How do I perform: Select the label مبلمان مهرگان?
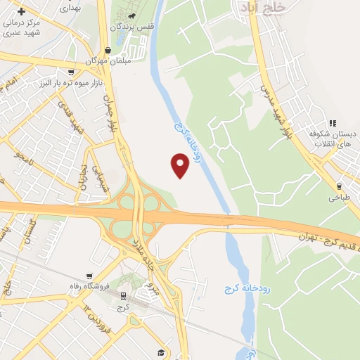105,61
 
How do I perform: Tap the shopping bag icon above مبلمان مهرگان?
108,50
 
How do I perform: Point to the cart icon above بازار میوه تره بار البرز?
71,72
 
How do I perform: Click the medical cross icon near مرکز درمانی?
22,12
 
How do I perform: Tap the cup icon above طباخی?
340,186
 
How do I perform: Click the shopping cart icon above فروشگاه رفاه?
89,276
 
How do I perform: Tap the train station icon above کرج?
123,295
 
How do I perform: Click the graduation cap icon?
160,352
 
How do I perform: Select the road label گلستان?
30,233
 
